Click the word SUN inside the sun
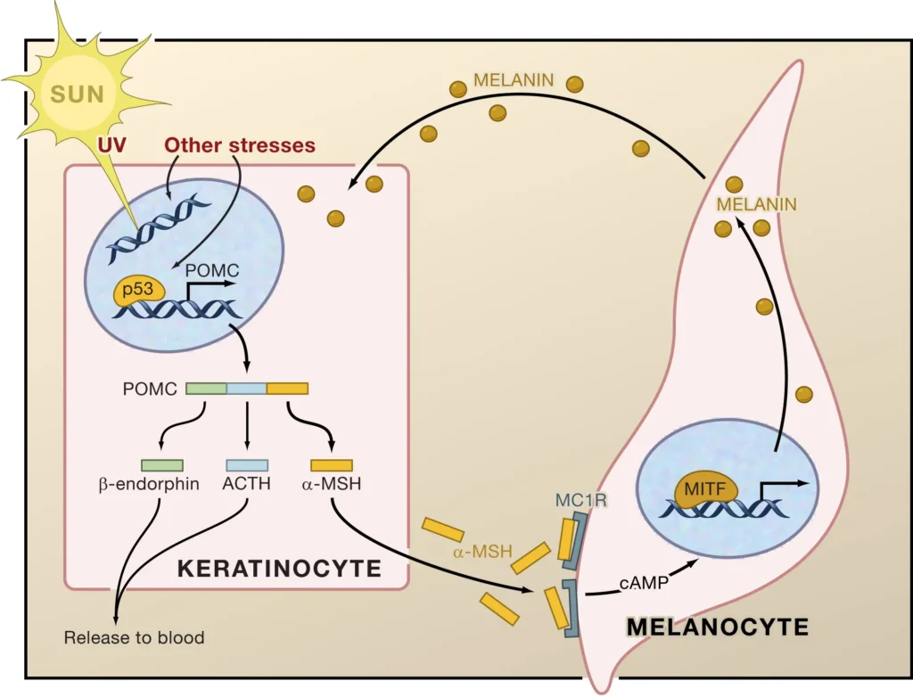[77, 94]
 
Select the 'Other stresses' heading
[240, 144]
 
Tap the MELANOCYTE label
[718, 627]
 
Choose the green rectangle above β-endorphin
[162, 465]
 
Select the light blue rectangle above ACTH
[247, 465]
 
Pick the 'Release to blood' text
[134, 637]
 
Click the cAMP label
[639, 583]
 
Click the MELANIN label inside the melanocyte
[758, 204]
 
